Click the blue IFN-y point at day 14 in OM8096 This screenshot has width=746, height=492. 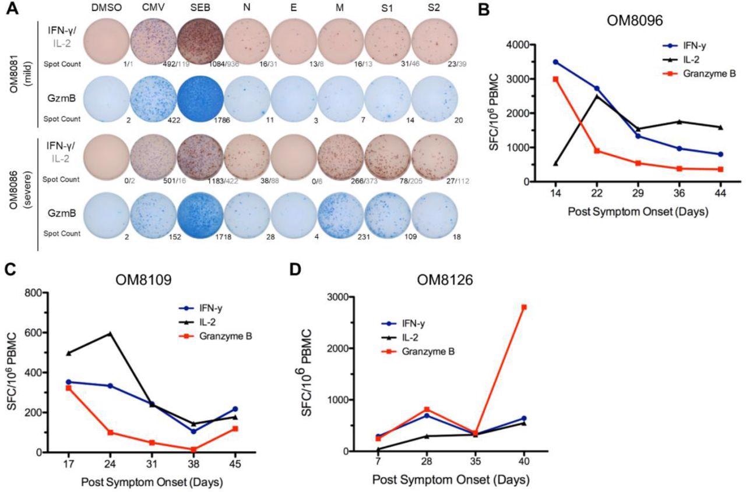(x=555, y=62)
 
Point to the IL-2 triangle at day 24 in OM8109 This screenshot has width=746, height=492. (x=110, y=334)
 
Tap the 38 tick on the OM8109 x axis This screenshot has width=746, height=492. (x=193, y=464)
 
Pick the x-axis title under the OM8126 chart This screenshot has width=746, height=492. (x=451, y=480)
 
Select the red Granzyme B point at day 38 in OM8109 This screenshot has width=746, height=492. (x=193, y=449)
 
